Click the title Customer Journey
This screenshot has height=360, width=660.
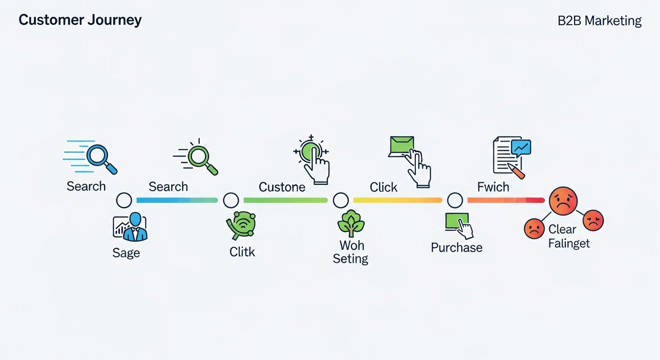(80, 20)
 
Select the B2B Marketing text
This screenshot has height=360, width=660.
(599, 21)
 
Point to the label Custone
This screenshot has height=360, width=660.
(282, 187)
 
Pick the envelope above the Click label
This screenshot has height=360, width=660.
(401, 145)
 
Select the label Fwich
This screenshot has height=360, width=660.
(493, 187)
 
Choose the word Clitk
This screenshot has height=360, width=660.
(242, 252)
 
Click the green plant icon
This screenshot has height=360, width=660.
(351, 223)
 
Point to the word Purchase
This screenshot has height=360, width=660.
(457, 247)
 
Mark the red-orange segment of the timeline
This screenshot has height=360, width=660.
(506, 200)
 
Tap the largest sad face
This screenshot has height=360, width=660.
(563, 201)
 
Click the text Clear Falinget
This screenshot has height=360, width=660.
(569, 236)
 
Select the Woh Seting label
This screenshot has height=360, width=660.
(350, 252)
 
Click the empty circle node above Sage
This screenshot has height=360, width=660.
(124, 200)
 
